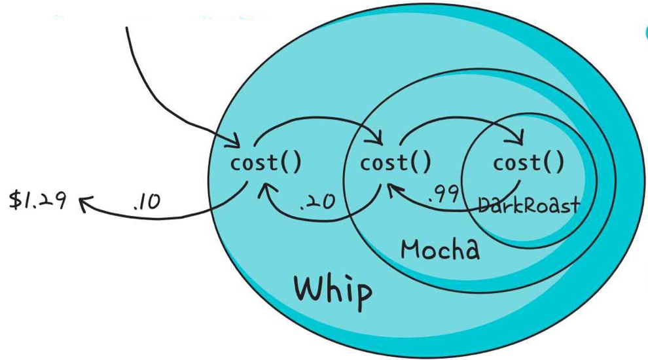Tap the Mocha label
440,249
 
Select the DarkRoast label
529,206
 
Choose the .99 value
444,194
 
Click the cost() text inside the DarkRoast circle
528,163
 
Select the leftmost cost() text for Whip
266,163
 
